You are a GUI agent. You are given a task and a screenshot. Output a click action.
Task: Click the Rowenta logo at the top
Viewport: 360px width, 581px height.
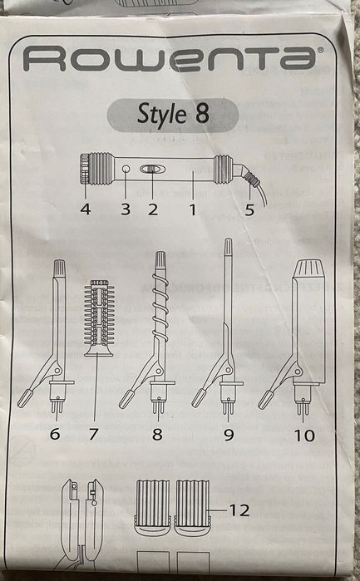point(170,58)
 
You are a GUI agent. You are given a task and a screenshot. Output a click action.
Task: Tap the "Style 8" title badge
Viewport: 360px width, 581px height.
point(173,116)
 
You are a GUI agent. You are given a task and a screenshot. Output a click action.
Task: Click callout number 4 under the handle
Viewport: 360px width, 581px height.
point(86,209)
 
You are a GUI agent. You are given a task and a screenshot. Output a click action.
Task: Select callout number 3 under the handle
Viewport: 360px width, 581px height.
point(126,209)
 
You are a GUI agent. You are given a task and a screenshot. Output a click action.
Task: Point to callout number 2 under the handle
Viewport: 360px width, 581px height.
point(153,209)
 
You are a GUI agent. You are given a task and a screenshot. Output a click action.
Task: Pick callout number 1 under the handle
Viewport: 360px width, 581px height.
point(192,209)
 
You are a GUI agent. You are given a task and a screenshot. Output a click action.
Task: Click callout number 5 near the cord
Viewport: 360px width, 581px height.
point(249,209)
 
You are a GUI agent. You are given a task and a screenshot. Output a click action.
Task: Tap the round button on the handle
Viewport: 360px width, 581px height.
point(126,170)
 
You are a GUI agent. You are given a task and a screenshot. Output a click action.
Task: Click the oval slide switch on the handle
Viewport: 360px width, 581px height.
point(150,170)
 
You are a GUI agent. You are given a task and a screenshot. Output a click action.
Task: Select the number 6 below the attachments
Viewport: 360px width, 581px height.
point(55,434)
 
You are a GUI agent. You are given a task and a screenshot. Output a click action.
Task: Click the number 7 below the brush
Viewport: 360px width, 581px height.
point(93,434)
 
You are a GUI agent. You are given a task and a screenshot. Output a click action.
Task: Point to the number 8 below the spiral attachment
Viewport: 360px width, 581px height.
point(157,434)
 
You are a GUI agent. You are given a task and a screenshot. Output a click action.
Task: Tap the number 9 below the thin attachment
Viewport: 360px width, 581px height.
point(229,434)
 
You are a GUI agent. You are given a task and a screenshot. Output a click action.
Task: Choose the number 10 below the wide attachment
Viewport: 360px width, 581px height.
point(304,436)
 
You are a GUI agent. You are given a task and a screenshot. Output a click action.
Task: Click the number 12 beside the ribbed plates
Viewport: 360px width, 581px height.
point(239,510)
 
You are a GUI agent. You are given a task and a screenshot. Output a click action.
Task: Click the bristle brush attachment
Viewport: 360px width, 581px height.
point(98,318)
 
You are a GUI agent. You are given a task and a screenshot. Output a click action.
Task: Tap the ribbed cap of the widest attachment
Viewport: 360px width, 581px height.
point(309,268)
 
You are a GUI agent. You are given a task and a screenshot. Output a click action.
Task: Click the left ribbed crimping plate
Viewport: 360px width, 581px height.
point(153,507)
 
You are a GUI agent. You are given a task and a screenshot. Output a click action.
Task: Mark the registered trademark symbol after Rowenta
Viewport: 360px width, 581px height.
point(320,50)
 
